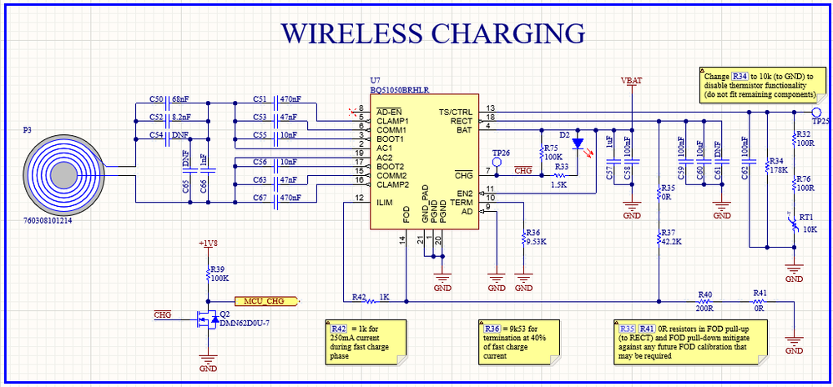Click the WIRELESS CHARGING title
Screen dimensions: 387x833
[432, 33]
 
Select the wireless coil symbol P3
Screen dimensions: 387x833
[63, 175]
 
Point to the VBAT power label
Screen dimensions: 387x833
[632, 81]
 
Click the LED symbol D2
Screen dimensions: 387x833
[578, 143]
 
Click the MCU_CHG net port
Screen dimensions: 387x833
[265, 300]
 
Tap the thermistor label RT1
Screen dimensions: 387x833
[806, 216]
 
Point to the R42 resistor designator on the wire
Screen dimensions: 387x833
[359, 296]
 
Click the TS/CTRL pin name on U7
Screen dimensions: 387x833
[456, 112]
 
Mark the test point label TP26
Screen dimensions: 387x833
[501, 153]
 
